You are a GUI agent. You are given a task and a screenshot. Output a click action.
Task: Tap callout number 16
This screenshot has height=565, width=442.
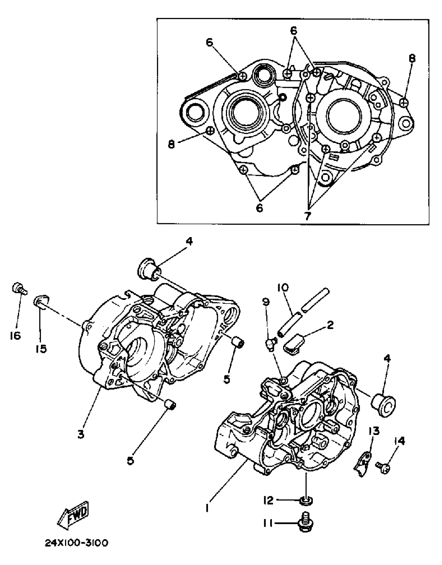coord(15,336)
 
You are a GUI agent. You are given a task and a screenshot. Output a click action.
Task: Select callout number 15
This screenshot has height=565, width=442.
coord(41,349)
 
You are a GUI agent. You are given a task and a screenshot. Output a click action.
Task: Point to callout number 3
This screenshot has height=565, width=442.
coord(81,434)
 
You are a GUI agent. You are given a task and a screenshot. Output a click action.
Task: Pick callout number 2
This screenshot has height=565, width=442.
coord(330,325)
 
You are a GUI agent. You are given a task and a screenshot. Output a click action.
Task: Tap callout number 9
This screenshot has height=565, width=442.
coord(266,302)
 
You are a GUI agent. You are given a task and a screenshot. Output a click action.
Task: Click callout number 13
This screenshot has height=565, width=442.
coord(374,431)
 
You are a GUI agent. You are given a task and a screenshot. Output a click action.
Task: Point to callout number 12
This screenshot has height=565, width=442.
coord(269,500)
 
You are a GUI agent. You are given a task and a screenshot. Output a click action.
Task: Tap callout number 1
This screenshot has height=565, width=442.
coord(207,508)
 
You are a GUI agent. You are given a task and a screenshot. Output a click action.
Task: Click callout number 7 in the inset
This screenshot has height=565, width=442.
coord(308,215)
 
